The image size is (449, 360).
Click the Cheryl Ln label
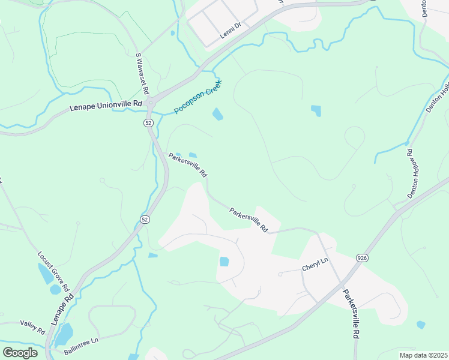316,262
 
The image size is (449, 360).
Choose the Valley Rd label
32,327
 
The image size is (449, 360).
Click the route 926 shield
361,257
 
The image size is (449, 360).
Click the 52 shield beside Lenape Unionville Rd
148,122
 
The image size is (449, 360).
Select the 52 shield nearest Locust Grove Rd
145,220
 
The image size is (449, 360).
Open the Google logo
20,352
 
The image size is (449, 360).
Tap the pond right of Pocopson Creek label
217,114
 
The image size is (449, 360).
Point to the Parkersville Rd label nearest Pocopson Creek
188,165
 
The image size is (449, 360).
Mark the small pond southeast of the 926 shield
421,325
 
